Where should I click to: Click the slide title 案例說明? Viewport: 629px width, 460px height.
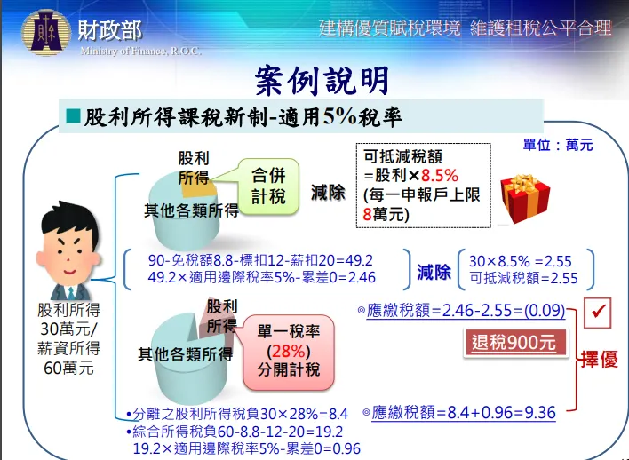322,81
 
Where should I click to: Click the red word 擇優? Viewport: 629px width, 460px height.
600,360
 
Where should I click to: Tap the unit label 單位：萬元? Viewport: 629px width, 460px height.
558,145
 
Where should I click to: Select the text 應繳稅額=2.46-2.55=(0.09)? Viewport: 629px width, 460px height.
466,311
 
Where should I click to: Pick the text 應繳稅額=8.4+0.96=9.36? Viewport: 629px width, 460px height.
463,412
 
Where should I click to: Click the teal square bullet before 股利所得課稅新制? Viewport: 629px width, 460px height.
73,116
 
